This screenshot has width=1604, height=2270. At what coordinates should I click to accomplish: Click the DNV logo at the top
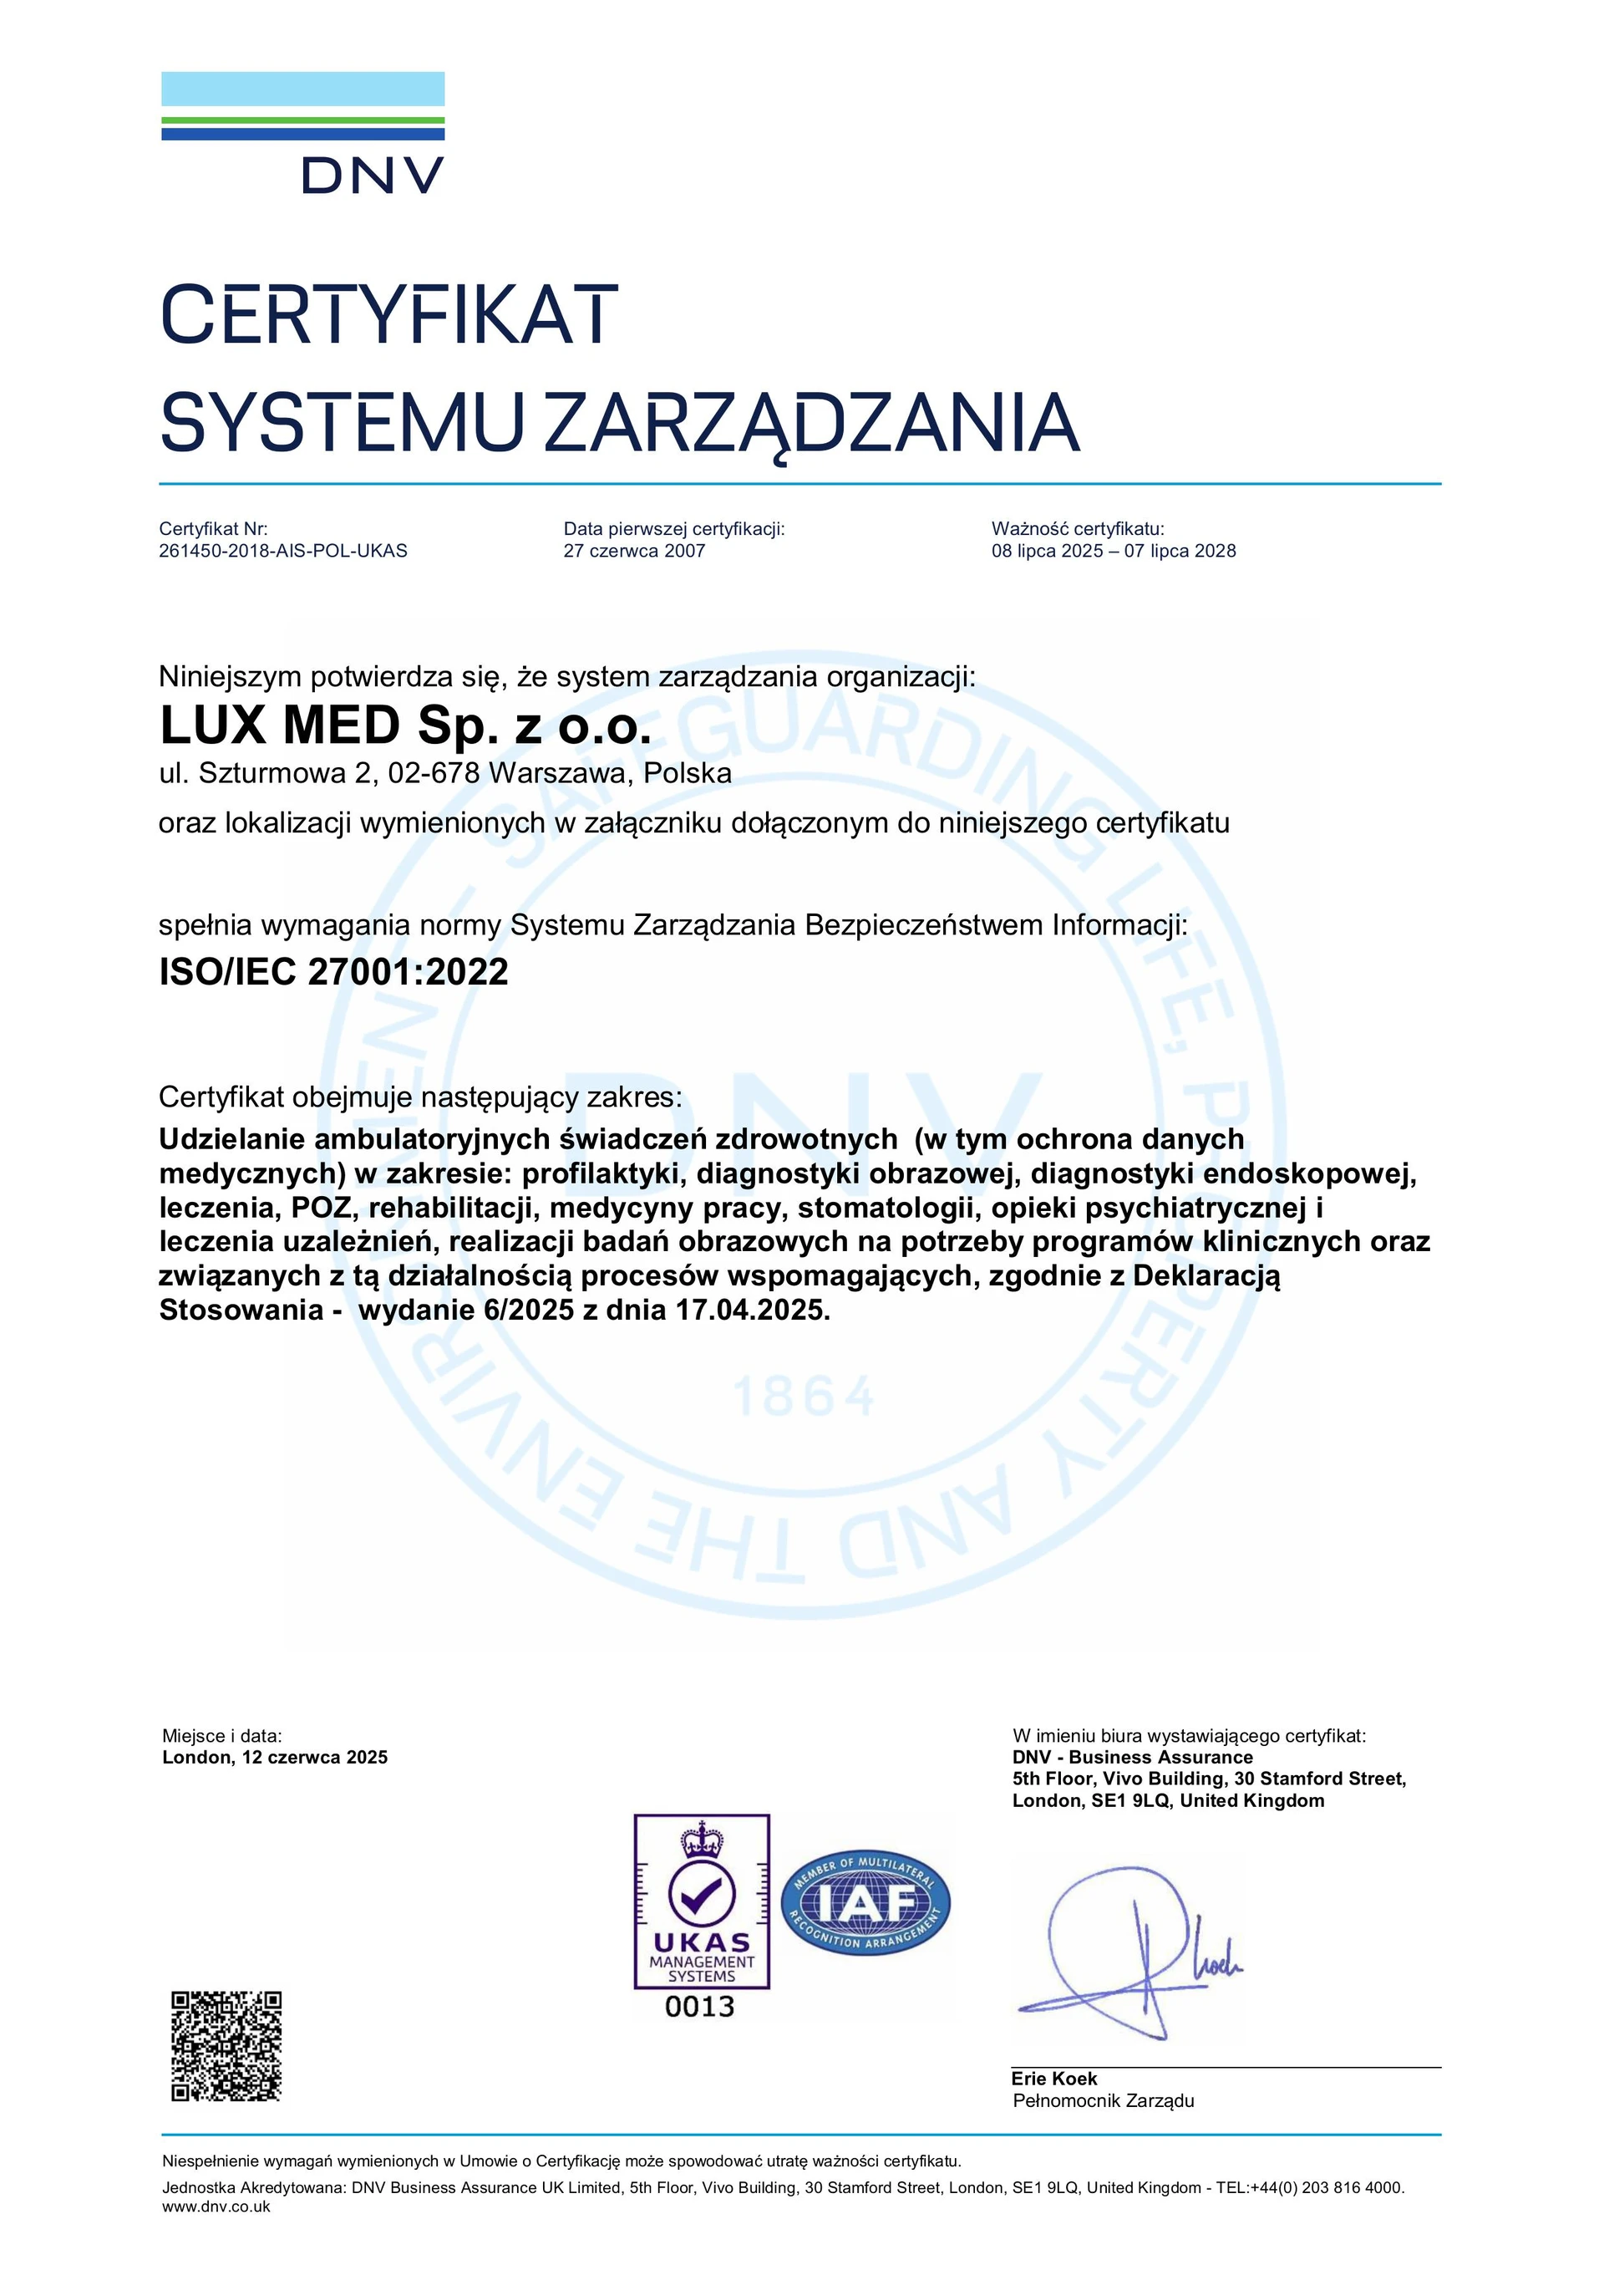[302, 133]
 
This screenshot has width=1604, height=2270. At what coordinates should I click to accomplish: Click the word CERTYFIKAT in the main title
[388, 314]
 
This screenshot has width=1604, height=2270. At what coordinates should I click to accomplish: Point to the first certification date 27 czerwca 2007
[633, 551]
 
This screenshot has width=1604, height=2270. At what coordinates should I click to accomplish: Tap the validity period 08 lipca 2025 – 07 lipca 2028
[1113, 551]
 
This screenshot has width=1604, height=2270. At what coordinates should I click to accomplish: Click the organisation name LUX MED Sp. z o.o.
[405, 725]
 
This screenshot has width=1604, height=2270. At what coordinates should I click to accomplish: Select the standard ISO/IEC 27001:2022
[333, 972]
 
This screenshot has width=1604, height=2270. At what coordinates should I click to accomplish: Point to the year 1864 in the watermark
[803, 1396]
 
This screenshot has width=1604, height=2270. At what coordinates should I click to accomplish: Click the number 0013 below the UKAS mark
[700, 2007]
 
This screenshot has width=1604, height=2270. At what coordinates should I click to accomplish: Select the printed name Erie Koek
[1053, 2079]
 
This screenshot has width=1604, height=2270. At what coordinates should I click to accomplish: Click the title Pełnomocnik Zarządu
[1103, 2101]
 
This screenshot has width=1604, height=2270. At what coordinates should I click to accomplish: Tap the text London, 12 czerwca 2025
[275, 1757]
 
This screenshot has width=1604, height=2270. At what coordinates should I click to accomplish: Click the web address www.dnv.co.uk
[216, 2206]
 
